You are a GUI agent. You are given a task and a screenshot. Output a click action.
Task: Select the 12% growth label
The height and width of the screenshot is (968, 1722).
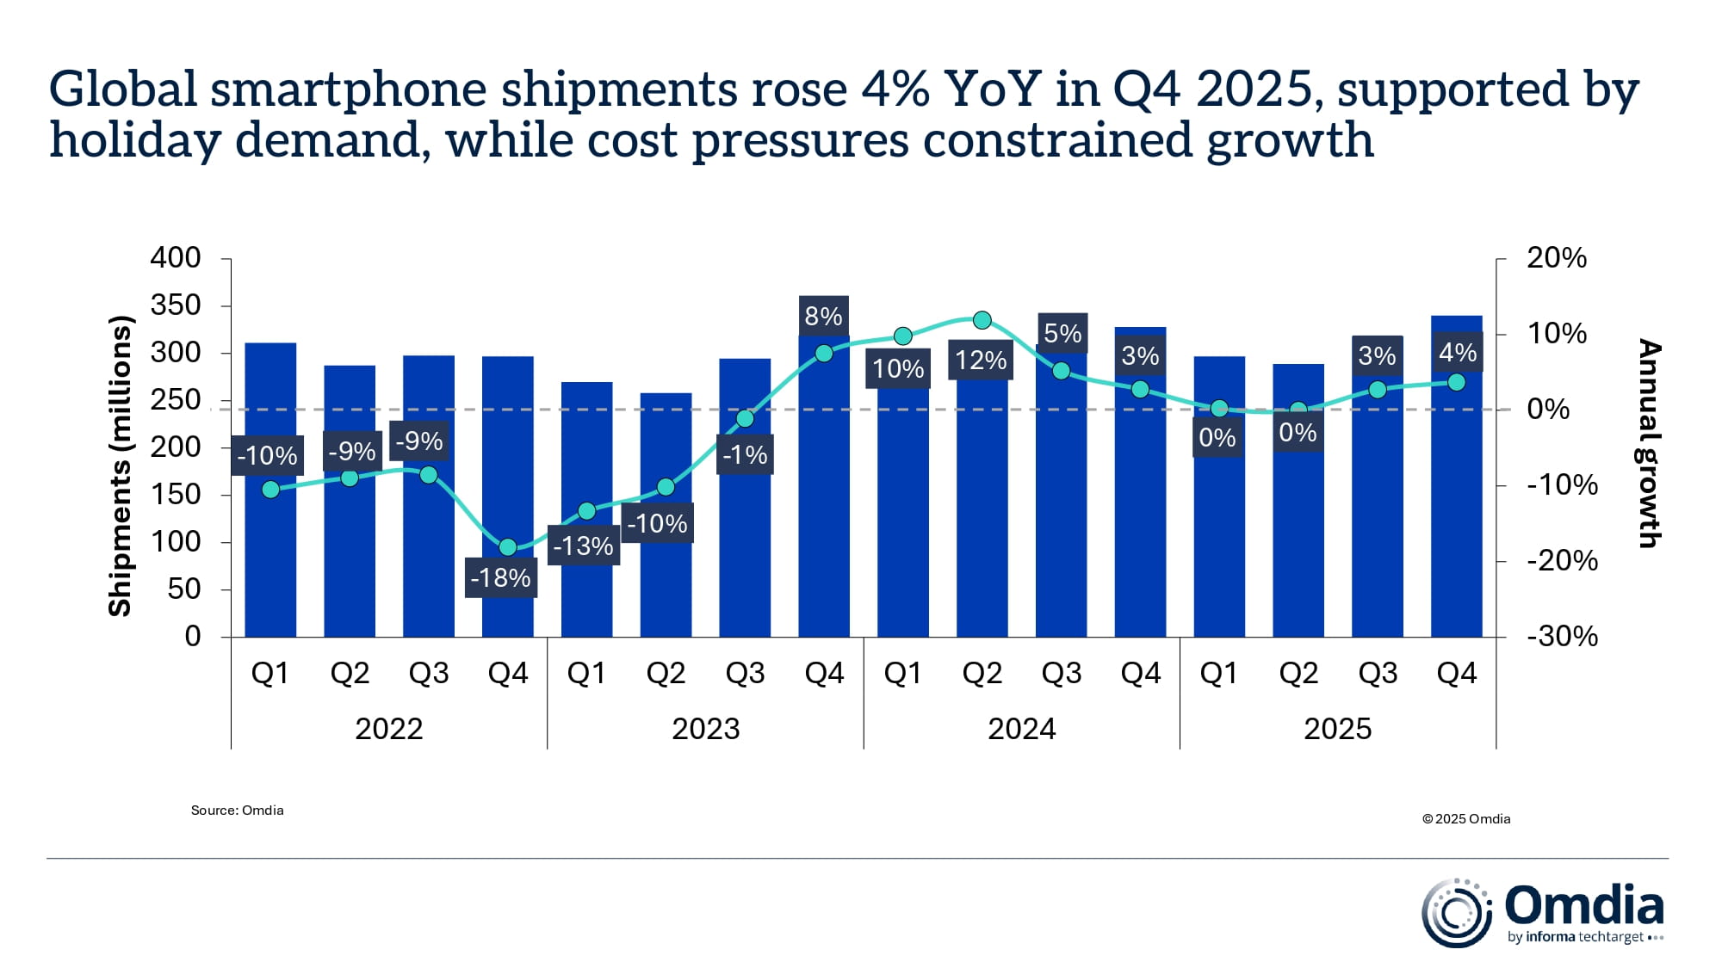tap(981, 360)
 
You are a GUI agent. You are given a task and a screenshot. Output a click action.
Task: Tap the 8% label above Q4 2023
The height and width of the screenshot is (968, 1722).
tap(823, 316)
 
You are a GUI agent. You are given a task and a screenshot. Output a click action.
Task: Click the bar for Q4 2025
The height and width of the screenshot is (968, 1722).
tap(1456, 516)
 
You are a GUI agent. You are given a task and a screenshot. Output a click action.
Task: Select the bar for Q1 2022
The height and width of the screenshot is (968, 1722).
tap(270, 559)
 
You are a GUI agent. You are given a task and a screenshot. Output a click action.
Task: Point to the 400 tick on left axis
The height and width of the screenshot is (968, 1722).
tap(176, 257)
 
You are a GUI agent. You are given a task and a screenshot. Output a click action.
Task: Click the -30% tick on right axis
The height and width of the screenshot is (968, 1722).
tap(1562, 637)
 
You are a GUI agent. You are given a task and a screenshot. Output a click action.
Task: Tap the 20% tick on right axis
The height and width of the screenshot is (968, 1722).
tap(1556, 257)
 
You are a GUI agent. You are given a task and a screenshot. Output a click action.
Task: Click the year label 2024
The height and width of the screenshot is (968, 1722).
tap(1021, 729)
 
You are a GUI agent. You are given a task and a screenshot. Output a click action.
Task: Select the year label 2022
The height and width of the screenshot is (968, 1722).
tap(388, 729)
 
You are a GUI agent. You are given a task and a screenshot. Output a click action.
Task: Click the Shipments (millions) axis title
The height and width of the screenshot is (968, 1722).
tap(120, 466)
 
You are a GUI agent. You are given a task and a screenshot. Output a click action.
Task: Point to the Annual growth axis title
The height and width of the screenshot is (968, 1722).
tap(1648, 443)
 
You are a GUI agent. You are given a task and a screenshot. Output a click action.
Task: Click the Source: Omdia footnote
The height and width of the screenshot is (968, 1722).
tap(237, 810)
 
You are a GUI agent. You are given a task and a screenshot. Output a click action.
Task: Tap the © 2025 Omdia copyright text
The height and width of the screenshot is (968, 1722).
tap(1466, 818)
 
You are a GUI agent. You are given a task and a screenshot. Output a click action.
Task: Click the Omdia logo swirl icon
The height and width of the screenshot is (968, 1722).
tap(1456, 913)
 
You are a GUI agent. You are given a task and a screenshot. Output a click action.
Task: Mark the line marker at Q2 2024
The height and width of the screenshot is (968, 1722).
tap(982, 320)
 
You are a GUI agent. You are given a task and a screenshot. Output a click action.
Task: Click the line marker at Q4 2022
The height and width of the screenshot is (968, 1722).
tap(508, 547)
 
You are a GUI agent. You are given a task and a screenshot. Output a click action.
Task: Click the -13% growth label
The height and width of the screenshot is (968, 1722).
tap(583, 546)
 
